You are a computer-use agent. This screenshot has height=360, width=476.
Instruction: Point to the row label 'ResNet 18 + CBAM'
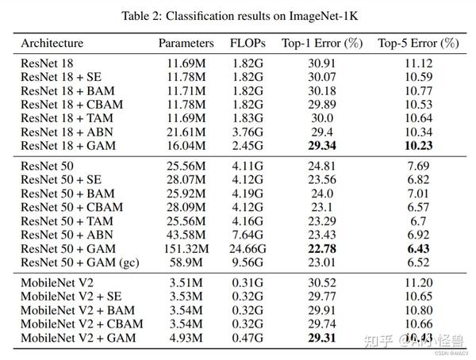(66, 104)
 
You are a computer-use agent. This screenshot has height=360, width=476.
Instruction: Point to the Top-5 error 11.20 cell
(418, 282)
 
